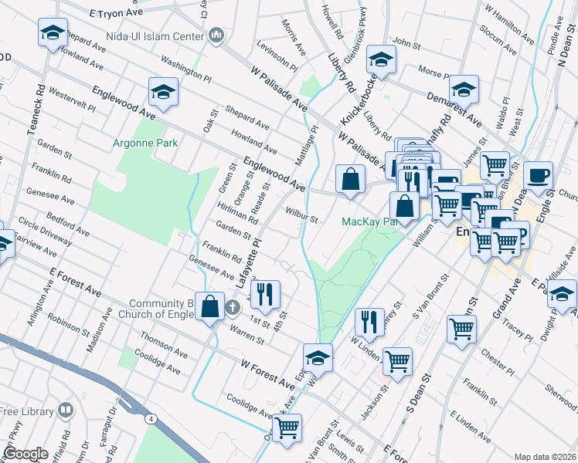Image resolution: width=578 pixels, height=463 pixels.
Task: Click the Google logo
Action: (x=25, y=454)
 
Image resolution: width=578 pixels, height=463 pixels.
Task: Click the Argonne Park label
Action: (x=145, y=143)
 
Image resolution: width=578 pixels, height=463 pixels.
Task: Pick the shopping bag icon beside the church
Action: (x=210, y=306)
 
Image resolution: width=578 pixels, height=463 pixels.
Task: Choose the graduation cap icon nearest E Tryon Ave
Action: (x=53, y=33)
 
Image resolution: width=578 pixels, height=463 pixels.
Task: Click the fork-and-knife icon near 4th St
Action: (x=265, y=294)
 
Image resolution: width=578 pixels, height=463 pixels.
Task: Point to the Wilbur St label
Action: (x=301, y=214)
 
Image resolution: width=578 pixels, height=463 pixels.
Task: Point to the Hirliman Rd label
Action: (x=237, y=215)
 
